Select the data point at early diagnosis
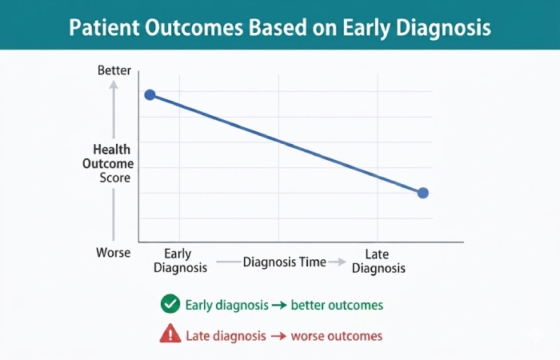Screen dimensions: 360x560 pos(150,95)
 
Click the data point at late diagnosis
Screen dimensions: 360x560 pos(423,193)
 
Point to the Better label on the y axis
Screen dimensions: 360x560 pos(114,70)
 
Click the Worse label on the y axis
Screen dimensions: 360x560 pos(114,253)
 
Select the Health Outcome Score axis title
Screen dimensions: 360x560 pos(112,163)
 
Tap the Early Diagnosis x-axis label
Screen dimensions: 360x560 pos(181,262)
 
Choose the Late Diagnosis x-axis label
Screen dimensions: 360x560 pos(378,262)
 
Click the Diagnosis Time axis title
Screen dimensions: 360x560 pos(285,262)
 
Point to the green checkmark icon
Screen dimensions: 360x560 pos(170,304)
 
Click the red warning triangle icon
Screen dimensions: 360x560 pos(170,335)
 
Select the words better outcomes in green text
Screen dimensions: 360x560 pos(337,305)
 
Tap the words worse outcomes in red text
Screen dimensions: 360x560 pos(336,336)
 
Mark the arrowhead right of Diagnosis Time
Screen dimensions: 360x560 pos(341,262)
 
